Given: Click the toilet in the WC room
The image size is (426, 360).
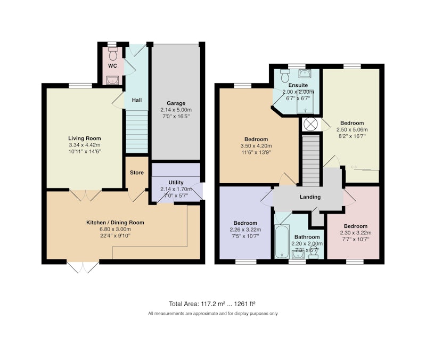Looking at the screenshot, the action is click(x=112, y=54).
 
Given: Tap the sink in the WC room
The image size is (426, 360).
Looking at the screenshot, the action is click(x=112, y=80).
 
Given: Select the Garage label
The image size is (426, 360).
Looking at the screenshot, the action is click(x=176, y=103).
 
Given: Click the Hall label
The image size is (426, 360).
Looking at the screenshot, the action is click(x=137, y=100).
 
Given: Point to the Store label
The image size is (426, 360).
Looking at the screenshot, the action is click(x=137, y=173).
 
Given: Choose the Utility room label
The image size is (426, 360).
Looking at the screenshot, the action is click(x=176, y=183).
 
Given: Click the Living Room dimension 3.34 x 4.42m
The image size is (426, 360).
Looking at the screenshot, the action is click(x=85, y=145).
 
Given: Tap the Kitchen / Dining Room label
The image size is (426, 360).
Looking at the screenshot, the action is click(x=115, y=223).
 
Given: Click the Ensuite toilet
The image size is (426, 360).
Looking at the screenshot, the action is click(x=285, y=75).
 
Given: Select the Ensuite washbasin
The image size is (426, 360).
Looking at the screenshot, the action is click(x=305, y=73).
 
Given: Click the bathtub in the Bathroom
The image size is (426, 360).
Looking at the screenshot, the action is click(x=282, y=241).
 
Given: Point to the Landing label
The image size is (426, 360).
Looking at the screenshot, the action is click(x=310, y=197).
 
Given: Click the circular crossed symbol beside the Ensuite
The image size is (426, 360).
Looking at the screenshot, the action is click(x=310, y=125).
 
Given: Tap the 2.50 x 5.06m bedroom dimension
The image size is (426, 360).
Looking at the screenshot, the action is click(x=352, y=129).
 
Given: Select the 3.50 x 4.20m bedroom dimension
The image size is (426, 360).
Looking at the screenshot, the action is click(x=256, y=146).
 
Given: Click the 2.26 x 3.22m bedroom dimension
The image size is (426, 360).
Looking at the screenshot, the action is click(x=245, y=230).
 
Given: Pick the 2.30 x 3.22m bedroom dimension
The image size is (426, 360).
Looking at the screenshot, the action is click(x=356, y=233).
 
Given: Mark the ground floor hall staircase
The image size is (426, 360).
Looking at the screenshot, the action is click(x=137, y=132).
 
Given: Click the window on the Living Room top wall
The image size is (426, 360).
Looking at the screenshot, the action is click(x=80, y=86).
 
